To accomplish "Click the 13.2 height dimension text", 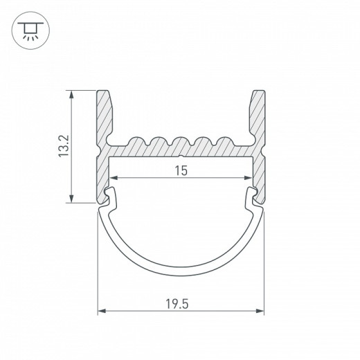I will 64,146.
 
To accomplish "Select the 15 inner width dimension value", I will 180,170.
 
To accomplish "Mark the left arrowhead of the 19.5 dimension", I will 101,312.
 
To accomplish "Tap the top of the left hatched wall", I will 104,92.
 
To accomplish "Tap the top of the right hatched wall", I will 258,92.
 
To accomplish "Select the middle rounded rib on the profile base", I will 181,143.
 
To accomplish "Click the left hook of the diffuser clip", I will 109,196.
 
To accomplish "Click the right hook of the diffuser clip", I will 253,196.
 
